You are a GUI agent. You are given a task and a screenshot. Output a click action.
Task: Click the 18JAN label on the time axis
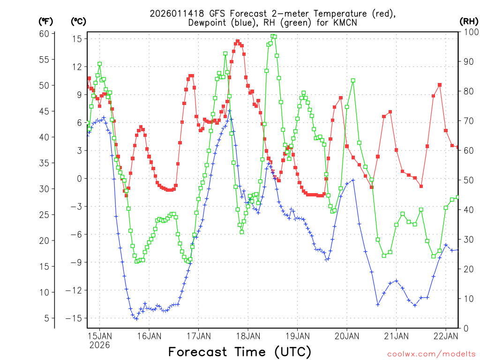point(247,336)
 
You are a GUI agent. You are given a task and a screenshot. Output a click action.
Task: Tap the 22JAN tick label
point(445,336)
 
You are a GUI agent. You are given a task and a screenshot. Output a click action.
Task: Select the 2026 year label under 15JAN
point(99,345)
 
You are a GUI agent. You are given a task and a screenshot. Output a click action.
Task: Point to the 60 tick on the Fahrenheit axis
point(44,34)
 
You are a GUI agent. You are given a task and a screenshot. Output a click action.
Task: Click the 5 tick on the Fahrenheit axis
point(46,318)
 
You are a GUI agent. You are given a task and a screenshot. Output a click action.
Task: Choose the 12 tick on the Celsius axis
point(77,67)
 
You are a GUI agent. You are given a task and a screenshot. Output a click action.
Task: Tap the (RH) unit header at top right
point(469,21)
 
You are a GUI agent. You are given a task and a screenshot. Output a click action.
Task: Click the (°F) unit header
point(46,21)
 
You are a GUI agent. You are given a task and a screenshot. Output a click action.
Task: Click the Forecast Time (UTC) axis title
point(240,352)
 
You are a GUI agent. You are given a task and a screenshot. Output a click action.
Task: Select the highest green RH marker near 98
point(273,36)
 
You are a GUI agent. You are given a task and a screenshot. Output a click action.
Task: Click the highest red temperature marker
point(238,41)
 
